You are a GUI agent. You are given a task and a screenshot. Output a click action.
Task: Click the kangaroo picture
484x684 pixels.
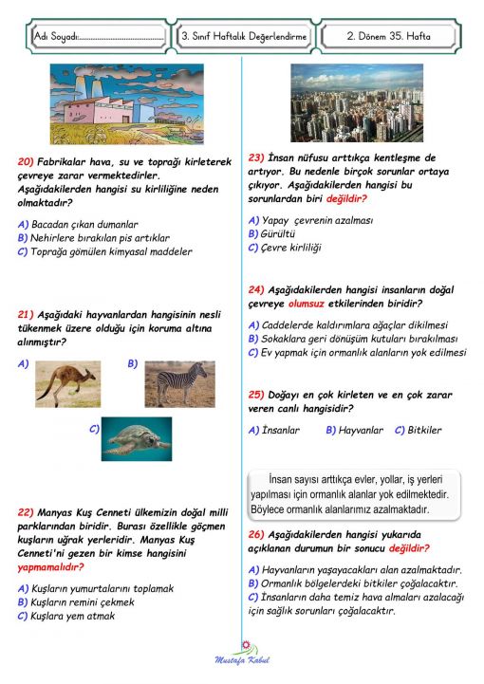click(x=67, y=384)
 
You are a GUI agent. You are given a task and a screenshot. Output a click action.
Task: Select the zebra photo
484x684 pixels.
click(x=179, y=383)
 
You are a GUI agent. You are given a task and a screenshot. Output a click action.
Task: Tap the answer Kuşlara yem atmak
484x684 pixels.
click(x=73, y=616)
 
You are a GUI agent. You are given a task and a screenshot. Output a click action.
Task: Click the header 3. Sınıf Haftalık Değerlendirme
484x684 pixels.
click(x=244, y=36)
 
